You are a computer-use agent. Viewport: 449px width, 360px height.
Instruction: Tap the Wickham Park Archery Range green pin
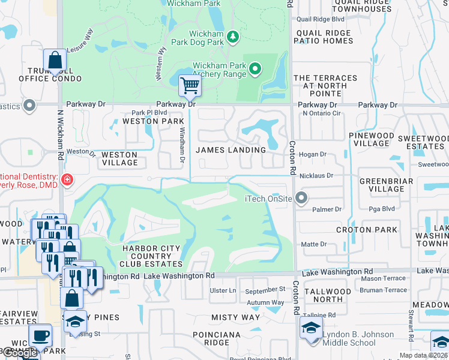(256, 69)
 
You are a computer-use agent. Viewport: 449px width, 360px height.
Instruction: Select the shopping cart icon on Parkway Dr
(190, 86)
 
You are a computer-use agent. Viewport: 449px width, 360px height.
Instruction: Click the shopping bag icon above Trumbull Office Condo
(55, 60)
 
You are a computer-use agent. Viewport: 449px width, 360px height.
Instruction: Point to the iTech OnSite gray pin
(301, 198)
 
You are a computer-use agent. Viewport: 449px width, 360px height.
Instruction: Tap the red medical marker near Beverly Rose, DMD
(67, 179)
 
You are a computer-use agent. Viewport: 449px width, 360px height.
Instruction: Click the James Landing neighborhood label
(231, 150)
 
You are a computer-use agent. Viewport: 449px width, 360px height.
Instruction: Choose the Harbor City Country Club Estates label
(152, 256)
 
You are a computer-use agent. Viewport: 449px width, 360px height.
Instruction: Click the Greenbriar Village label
(382, 185)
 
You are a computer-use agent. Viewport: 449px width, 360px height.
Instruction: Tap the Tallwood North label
(332, 295)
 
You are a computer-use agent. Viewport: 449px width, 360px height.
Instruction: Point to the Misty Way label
(235, 317)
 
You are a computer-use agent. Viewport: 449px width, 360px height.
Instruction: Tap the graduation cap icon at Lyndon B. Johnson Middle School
(311, 328)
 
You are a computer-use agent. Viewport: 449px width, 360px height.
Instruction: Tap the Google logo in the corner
(19, 353)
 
